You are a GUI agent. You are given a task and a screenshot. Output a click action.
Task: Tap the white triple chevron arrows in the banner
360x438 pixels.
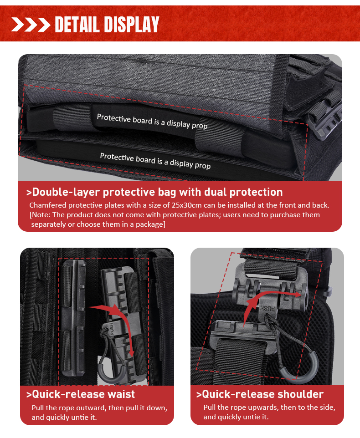click(x=31, y=25)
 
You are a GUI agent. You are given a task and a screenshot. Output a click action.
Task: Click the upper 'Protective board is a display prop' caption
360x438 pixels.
click(x=152, y=122)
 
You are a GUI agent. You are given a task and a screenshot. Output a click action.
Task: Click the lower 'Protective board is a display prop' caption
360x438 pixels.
click(x=155, y=161)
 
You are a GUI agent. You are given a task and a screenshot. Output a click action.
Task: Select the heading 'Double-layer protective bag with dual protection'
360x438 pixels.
click(x=154, y=192)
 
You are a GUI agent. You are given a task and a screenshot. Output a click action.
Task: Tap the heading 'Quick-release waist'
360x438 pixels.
click(x=81, y=394)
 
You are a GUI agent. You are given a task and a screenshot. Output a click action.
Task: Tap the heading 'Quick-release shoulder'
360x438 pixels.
click(x=260, y=394)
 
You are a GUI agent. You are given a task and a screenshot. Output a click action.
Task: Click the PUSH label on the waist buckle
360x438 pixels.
click(x=112, y=329)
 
